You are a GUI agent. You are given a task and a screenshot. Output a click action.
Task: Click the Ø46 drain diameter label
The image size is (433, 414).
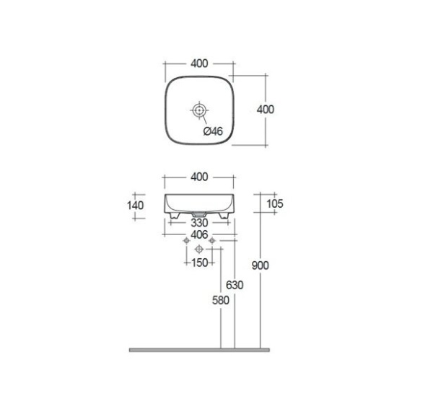coord(213,131)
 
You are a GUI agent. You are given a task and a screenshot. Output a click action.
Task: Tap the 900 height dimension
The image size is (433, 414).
coord(260,265)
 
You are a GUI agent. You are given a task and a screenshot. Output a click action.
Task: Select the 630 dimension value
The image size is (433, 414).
coord(235,285)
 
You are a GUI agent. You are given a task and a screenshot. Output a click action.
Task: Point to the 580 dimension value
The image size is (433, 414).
coord(221,300)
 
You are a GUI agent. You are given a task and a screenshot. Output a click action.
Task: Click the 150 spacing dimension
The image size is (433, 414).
coord(199,263)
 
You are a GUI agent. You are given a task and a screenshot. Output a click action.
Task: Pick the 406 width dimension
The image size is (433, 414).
coord(199,235)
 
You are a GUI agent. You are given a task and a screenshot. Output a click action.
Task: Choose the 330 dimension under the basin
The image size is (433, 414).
coord(199,222)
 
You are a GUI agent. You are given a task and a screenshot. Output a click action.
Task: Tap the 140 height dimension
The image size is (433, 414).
coord(136,206)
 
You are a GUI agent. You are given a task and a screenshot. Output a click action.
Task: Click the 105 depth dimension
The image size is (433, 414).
coord(275,203)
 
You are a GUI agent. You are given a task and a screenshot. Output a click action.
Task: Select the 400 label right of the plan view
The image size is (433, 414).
coord(266,110)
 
